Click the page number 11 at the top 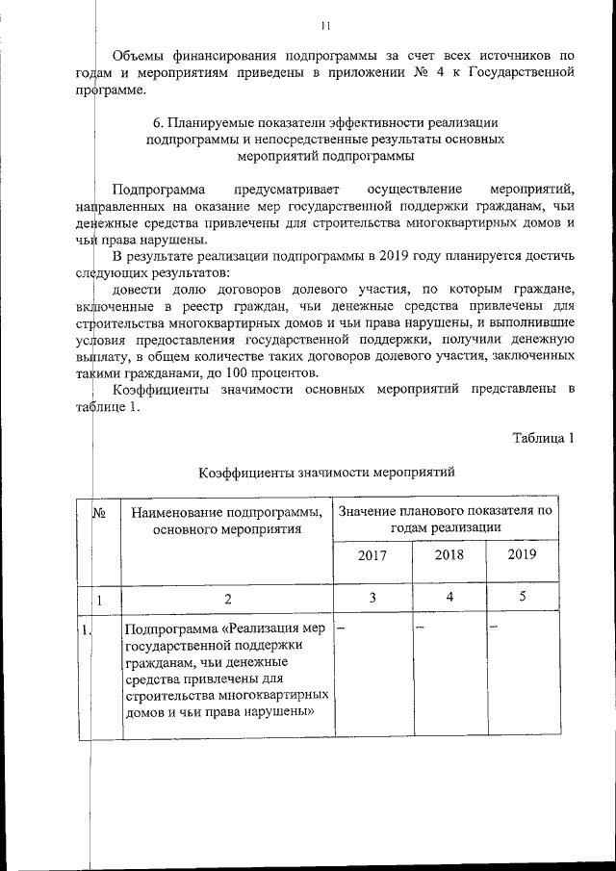[x=327, y=26]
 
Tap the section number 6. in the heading [x=160, y=123]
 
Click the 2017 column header [x=372, y=556]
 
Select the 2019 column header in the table [x=522, y=555]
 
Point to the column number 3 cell [x=372, y=598]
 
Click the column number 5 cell [x=522, y=598]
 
